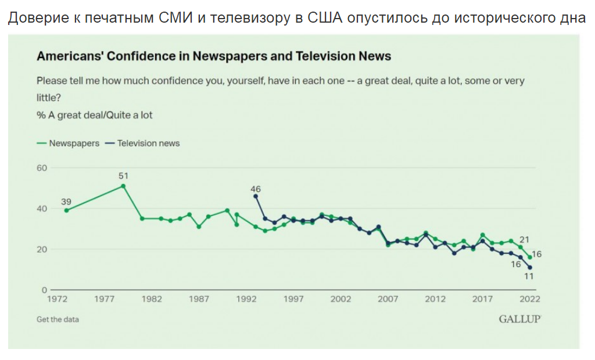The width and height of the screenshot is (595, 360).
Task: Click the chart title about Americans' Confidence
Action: click(x=214, y=56)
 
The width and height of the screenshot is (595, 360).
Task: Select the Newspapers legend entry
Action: click(x=68, y=143)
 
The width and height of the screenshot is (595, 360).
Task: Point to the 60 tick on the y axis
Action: click(x=41, y=168)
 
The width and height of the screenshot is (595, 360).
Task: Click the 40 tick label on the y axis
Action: click(x=41, y=208)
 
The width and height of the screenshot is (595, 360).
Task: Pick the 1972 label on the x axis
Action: click(x=57, y=299)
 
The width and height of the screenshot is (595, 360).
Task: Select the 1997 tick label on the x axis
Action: click(x=293, y=299)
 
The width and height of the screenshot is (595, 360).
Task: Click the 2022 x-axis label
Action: click(x=530, y=299)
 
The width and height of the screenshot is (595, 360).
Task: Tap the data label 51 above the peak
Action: click(x=123, y=175)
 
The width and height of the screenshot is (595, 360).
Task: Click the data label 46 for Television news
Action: click(x=256, y=189)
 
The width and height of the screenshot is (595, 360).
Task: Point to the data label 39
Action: click(x=66, y=201)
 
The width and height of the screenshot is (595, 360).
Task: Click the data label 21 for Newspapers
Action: click(x=525, y=239)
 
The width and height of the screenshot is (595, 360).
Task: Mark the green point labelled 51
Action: click(x=123, y=186)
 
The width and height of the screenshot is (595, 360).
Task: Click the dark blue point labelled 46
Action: click(x=256, y=196)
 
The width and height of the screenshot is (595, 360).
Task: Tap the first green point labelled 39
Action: click(x=66, y=210)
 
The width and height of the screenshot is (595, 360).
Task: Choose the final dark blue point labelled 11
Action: click(x=530, y=268)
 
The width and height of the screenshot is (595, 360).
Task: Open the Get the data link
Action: click(x=58, y=319)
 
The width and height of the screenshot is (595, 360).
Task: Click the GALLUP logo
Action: click(x=519, y=319)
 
